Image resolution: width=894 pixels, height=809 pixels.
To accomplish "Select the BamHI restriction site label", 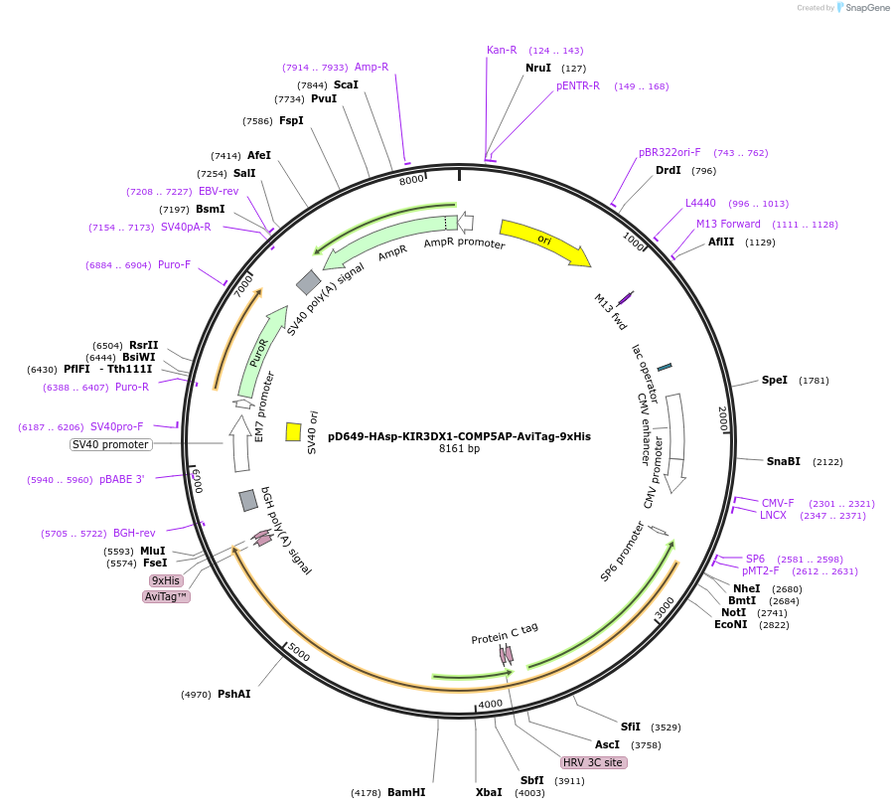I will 405,792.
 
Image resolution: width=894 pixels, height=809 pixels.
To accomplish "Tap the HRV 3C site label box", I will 593,762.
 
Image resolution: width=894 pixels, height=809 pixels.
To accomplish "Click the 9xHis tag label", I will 166,580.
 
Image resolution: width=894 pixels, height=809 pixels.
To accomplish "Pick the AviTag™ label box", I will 166,596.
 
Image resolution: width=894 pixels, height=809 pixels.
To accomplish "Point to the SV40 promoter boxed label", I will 110,444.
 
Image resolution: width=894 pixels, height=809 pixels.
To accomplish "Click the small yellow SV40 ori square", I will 293,431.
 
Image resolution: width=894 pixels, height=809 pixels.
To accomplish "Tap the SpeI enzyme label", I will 774,380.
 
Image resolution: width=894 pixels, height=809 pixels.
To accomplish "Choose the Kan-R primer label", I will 502,50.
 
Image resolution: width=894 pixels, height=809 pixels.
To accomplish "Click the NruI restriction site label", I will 537,68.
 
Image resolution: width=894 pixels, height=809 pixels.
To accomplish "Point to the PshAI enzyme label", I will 233,694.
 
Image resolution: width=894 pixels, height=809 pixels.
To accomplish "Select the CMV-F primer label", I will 778,503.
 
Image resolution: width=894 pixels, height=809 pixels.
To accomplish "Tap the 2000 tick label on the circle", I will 723,417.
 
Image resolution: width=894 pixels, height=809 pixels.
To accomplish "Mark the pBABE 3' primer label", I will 121,479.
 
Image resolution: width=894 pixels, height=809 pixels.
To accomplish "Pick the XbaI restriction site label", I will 488,792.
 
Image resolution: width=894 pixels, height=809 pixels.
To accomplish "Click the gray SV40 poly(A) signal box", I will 308,282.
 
